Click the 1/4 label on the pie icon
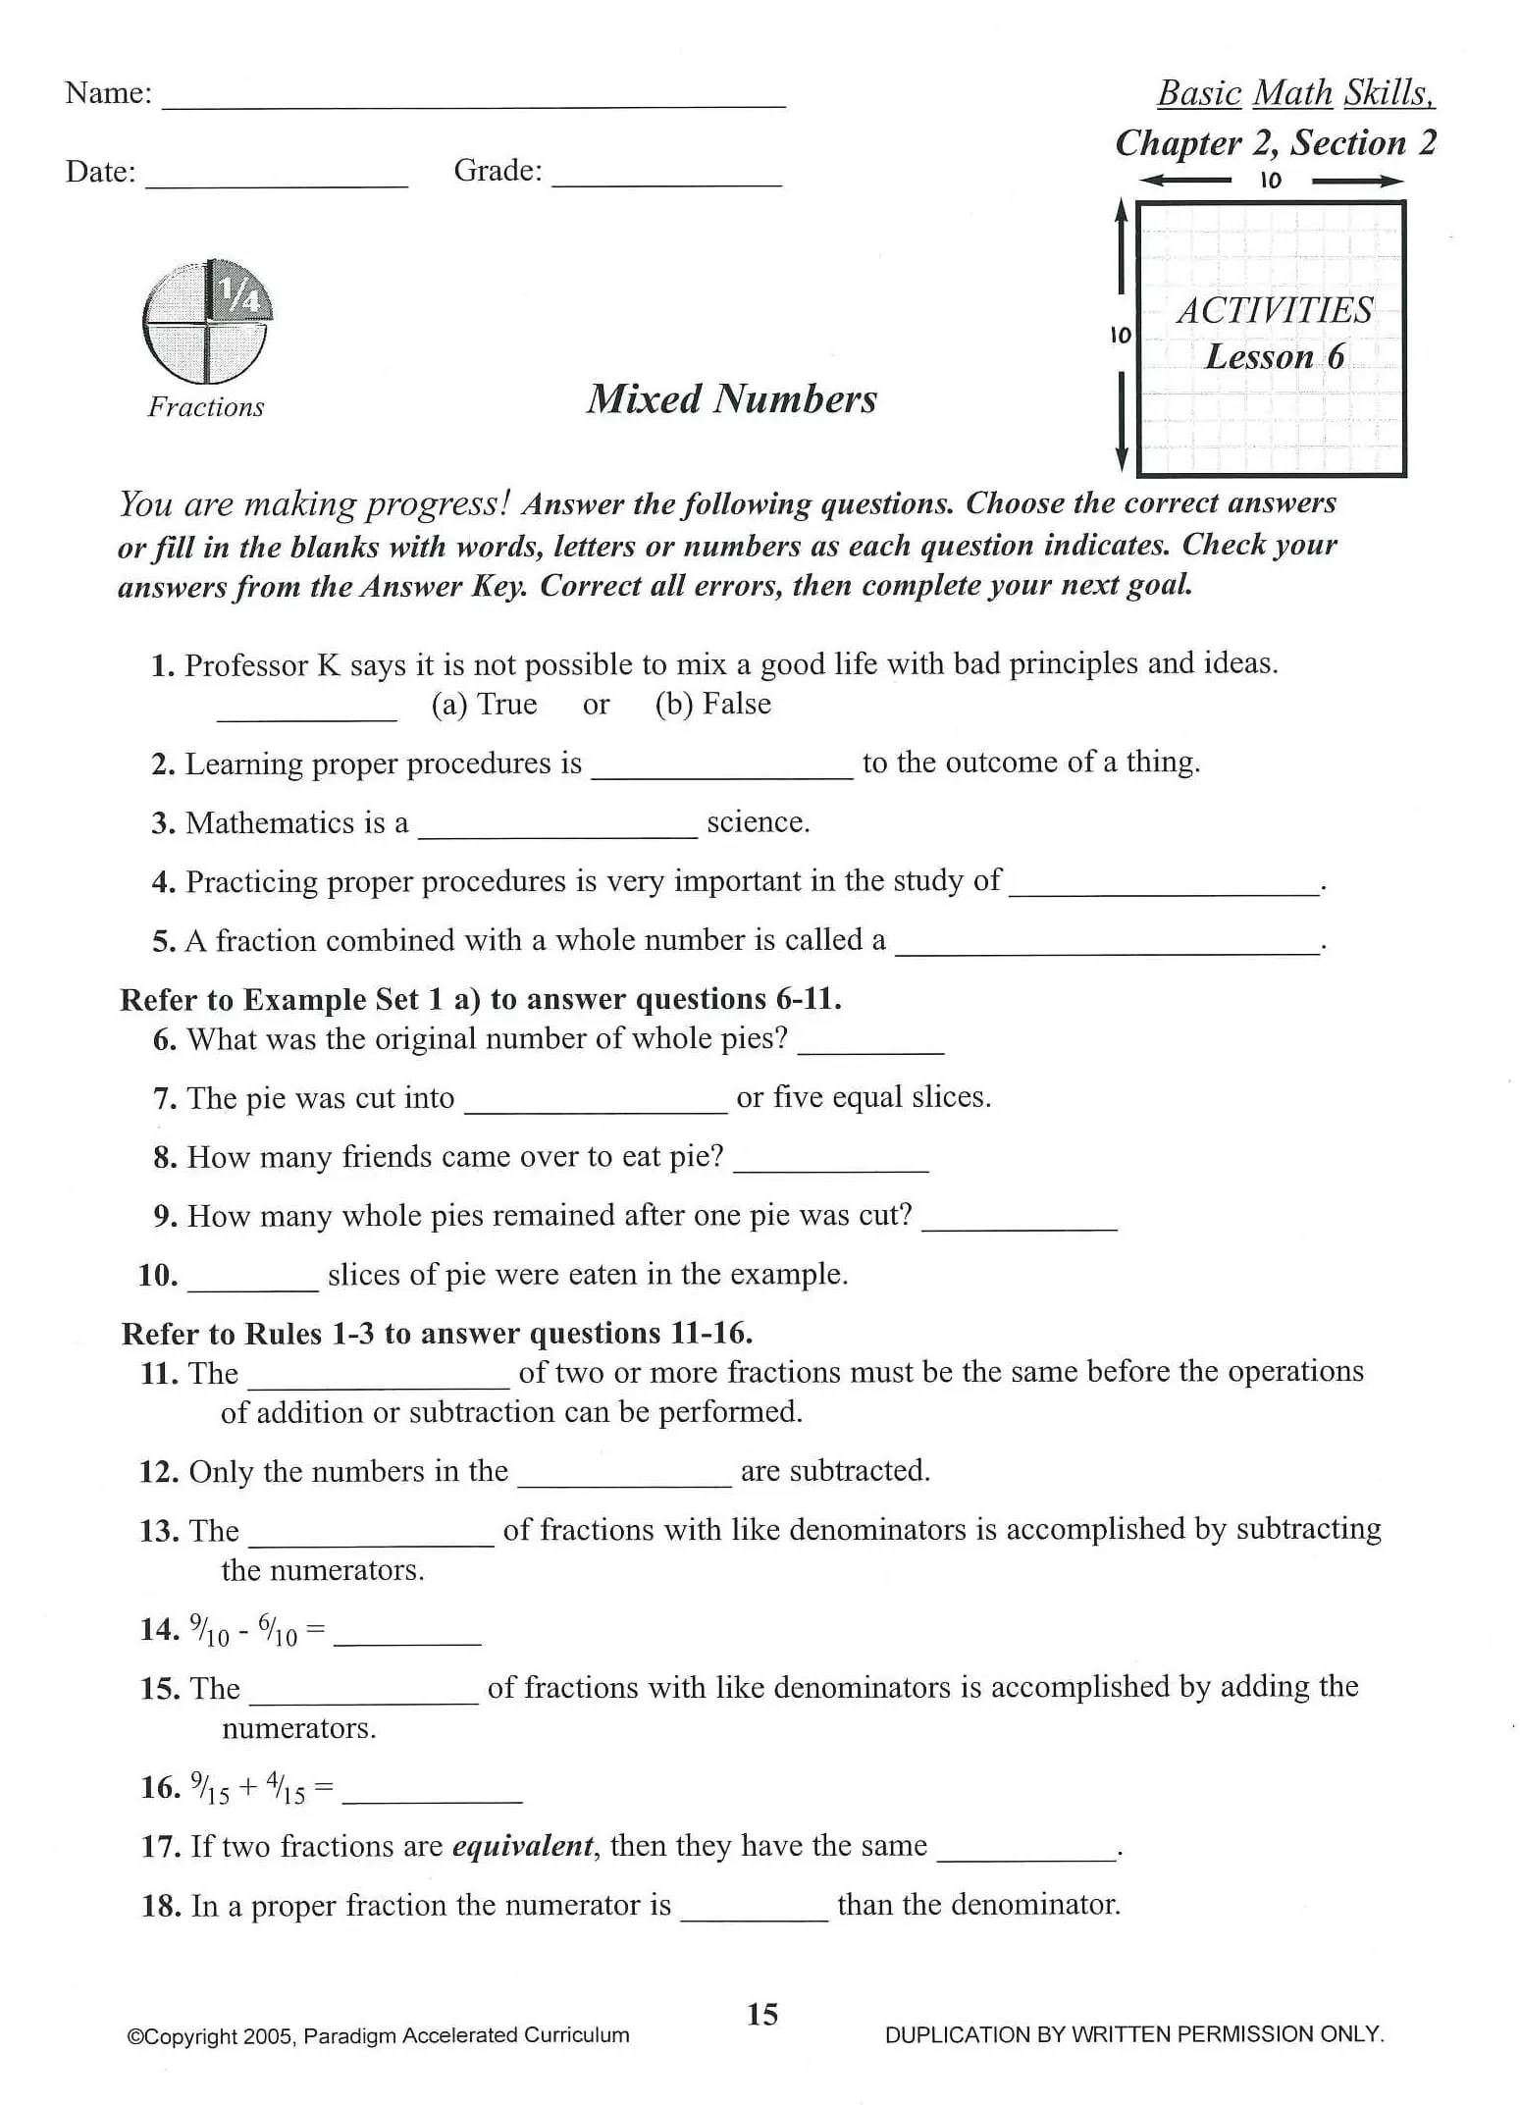238,293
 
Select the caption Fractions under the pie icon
206,407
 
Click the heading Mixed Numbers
731,398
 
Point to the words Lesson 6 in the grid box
1274,356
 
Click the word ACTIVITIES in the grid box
1274,311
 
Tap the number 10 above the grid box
1270,181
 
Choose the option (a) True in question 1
484,705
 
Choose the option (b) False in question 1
712,705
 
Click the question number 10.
158,1275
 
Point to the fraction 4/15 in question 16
286,1789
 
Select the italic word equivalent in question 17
523,1846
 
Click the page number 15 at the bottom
762,2015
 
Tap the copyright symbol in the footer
134,2036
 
